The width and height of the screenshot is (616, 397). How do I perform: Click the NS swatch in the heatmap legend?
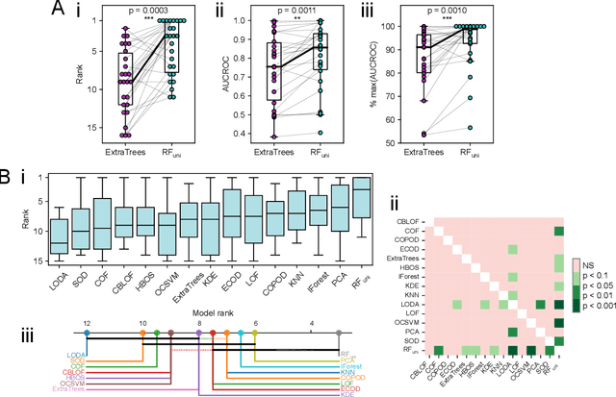[x=577, y=261]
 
